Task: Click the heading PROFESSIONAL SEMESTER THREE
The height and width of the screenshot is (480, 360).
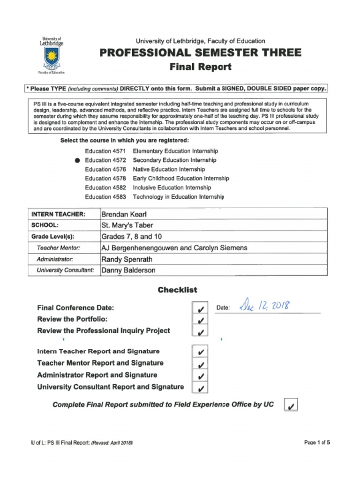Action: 200,52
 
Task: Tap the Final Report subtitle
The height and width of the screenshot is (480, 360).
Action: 200,67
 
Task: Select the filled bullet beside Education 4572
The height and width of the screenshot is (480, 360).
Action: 77,160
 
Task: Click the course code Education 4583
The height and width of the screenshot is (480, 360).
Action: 105,197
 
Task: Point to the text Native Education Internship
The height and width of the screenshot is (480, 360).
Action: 169,169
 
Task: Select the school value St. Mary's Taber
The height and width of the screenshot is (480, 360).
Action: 127,225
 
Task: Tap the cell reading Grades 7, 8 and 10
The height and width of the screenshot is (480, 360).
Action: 132,236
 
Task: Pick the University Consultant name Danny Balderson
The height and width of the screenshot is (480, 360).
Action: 128,270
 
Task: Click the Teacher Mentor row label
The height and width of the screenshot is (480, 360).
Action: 58,247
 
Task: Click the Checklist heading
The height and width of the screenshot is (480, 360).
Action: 177,290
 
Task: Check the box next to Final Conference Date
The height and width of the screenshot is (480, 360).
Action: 200,309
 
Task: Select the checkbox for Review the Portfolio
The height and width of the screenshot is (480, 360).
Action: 200,320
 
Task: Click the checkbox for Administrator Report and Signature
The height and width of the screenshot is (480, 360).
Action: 200,376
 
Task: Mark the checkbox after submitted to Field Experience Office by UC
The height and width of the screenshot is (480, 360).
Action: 291,405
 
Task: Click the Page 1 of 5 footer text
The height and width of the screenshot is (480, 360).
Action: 317,442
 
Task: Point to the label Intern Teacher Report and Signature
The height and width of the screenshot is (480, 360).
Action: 98,351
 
